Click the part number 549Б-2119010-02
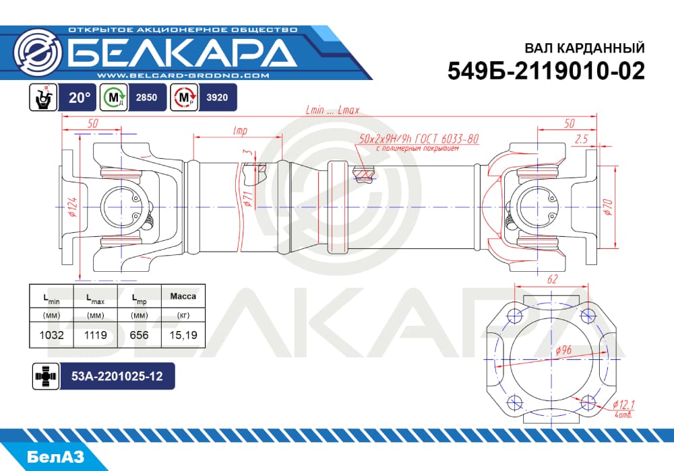[x=546, y=71]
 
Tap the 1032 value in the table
[x=52, y=334]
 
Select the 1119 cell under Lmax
[x=96, y=334]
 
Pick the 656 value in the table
[x=139, y=334]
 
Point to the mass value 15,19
[x=183, y=334]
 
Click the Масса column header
[x=183, y=296]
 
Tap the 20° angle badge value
[x=80, y=98]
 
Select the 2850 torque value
[x=146, y=98]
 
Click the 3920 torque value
[x=217, y=98]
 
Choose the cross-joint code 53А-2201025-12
[x=117, y=376]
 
